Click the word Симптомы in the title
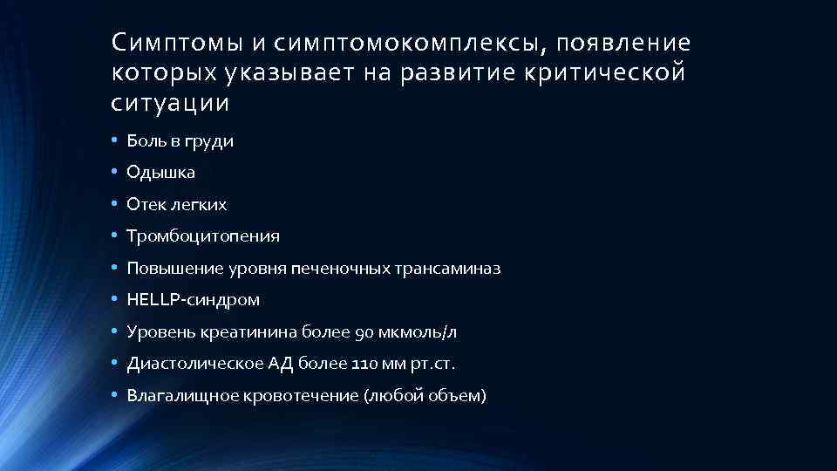click(158, 43)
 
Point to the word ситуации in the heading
click(171, 104)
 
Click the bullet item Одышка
click(160, 173)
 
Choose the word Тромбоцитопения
click(203, 236)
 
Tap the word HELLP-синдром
click(193, 300)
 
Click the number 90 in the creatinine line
click(364, 332)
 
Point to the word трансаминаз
click(454, 269)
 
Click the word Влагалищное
click(172, 396)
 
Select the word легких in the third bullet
click(201, 205)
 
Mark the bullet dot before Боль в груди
click(114, 140)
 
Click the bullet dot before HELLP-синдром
click(114, 300)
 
